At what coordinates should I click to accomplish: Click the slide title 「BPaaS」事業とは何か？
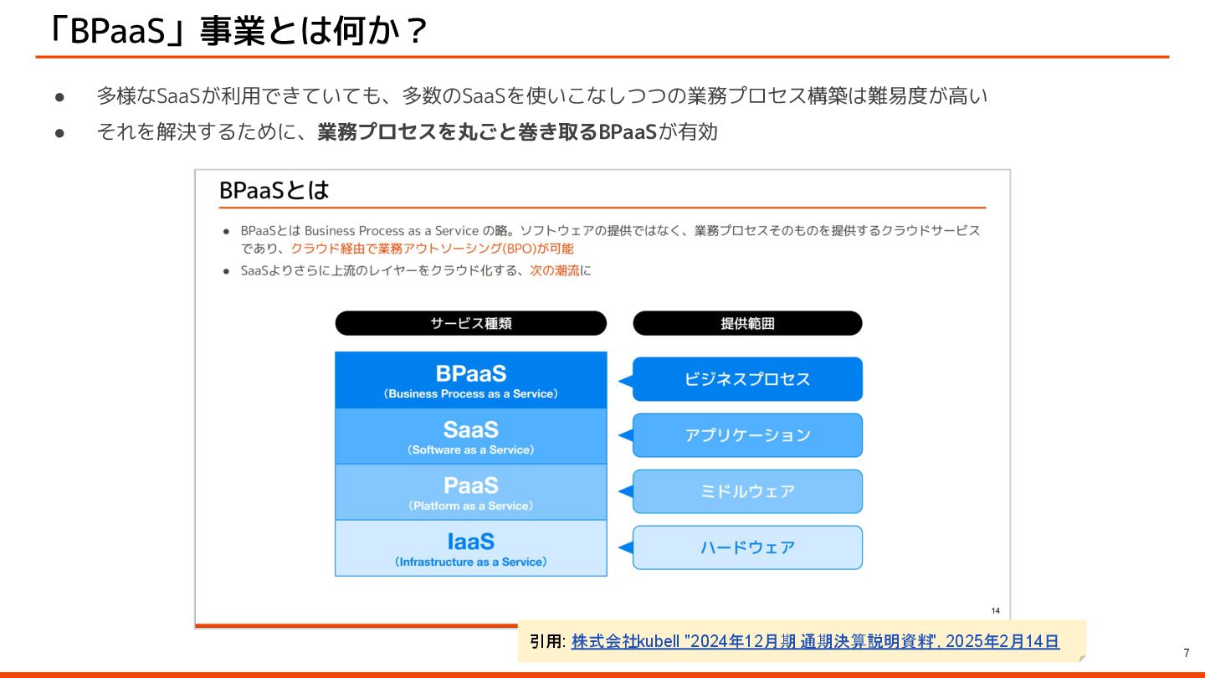click(x=238, y=32)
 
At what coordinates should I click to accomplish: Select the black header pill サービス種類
click(x=470, y=324)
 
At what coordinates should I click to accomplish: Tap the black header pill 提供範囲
click(x=747, y=324)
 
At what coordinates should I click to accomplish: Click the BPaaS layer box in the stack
click(x=470, y=380)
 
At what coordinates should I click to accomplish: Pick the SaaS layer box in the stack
click(x=470, y=436)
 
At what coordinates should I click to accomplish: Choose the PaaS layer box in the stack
click(x=470, y=492)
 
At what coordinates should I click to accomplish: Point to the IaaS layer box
click(x=470, y=548)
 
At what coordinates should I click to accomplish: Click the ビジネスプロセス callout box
click(x=747, y=379)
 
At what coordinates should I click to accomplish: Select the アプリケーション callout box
click(x=747, y=435)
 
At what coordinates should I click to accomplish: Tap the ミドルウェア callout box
click(x=747, y=491)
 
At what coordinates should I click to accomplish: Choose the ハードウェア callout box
click(x=747, y=547)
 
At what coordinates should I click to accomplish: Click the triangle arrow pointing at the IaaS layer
click(x=624, y=547)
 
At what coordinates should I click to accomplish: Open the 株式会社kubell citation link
click(x=815, y=642)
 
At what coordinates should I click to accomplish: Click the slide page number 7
click(x=1186, y=653)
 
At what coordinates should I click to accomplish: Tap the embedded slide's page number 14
click(x=995, y=610)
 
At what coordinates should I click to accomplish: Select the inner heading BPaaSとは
click(x=274, y=191)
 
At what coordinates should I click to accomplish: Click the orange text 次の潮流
click(x=555, y=270)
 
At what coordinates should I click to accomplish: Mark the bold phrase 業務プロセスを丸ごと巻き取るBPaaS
click(x=487, y=132)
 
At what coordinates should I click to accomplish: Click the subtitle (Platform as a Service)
click(x=470, y=506)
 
